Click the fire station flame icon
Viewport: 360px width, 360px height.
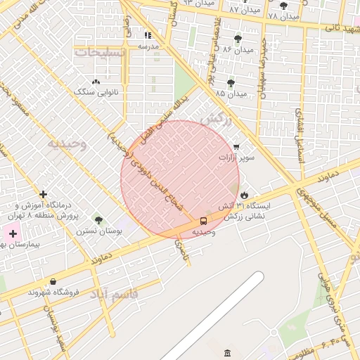(x=244, y=195)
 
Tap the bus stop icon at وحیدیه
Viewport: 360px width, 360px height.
(x=204, y=221)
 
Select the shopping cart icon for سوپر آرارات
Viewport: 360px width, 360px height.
(x=236, y=147)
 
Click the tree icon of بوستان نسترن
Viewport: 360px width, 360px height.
(x=98, y=220)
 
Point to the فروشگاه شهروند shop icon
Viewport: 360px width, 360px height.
(x=53, y=282)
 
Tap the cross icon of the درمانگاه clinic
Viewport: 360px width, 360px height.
(x=44, y=194)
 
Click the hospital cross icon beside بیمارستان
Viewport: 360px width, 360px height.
(x=13, y=233)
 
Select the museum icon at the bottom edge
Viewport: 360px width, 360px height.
(x=226, y=353)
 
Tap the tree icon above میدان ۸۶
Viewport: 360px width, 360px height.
(x=238, y=39)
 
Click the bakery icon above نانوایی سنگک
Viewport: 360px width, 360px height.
(x=96, y=82)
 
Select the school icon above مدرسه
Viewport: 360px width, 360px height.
(x=148, y=35)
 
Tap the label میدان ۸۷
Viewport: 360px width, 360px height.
(x=245, y=11)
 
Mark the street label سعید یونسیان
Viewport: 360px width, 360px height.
(x=58, y=330)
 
